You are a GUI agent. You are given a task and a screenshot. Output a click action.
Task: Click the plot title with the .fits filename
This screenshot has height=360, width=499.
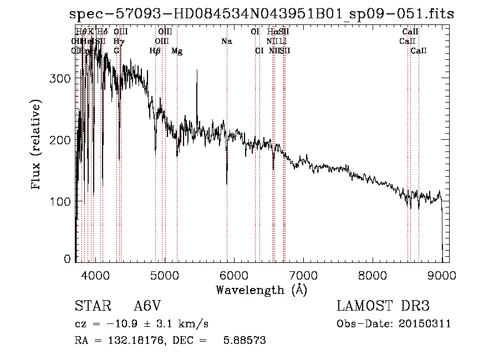(x=261, y=14)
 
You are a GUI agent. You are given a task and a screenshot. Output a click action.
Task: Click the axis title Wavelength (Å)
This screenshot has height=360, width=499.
(x=261, y=290)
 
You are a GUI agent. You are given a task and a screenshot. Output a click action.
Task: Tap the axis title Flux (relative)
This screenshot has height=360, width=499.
(x=37, y=145)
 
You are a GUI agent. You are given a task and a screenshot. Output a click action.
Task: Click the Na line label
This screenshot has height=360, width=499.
(x=226, y=41)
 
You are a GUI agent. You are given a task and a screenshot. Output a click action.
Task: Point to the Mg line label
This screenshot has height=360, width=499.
(x=177, y=51)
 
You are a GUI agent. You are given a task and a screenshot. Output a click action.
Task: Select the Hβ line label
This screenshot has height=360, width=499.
(x=155, y=51)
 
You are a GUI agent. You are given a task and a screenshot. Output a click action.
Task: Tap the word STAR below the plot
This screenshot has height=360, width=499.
(x=91, y=306)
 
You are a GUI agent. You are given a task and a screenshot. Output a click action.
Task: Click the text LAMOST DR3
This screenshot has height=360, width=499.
(x=383, y=306)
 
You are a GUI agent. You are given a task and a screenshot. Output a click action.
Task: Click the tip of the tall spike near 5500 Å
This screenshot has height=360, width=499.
(x=197, y=69)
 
